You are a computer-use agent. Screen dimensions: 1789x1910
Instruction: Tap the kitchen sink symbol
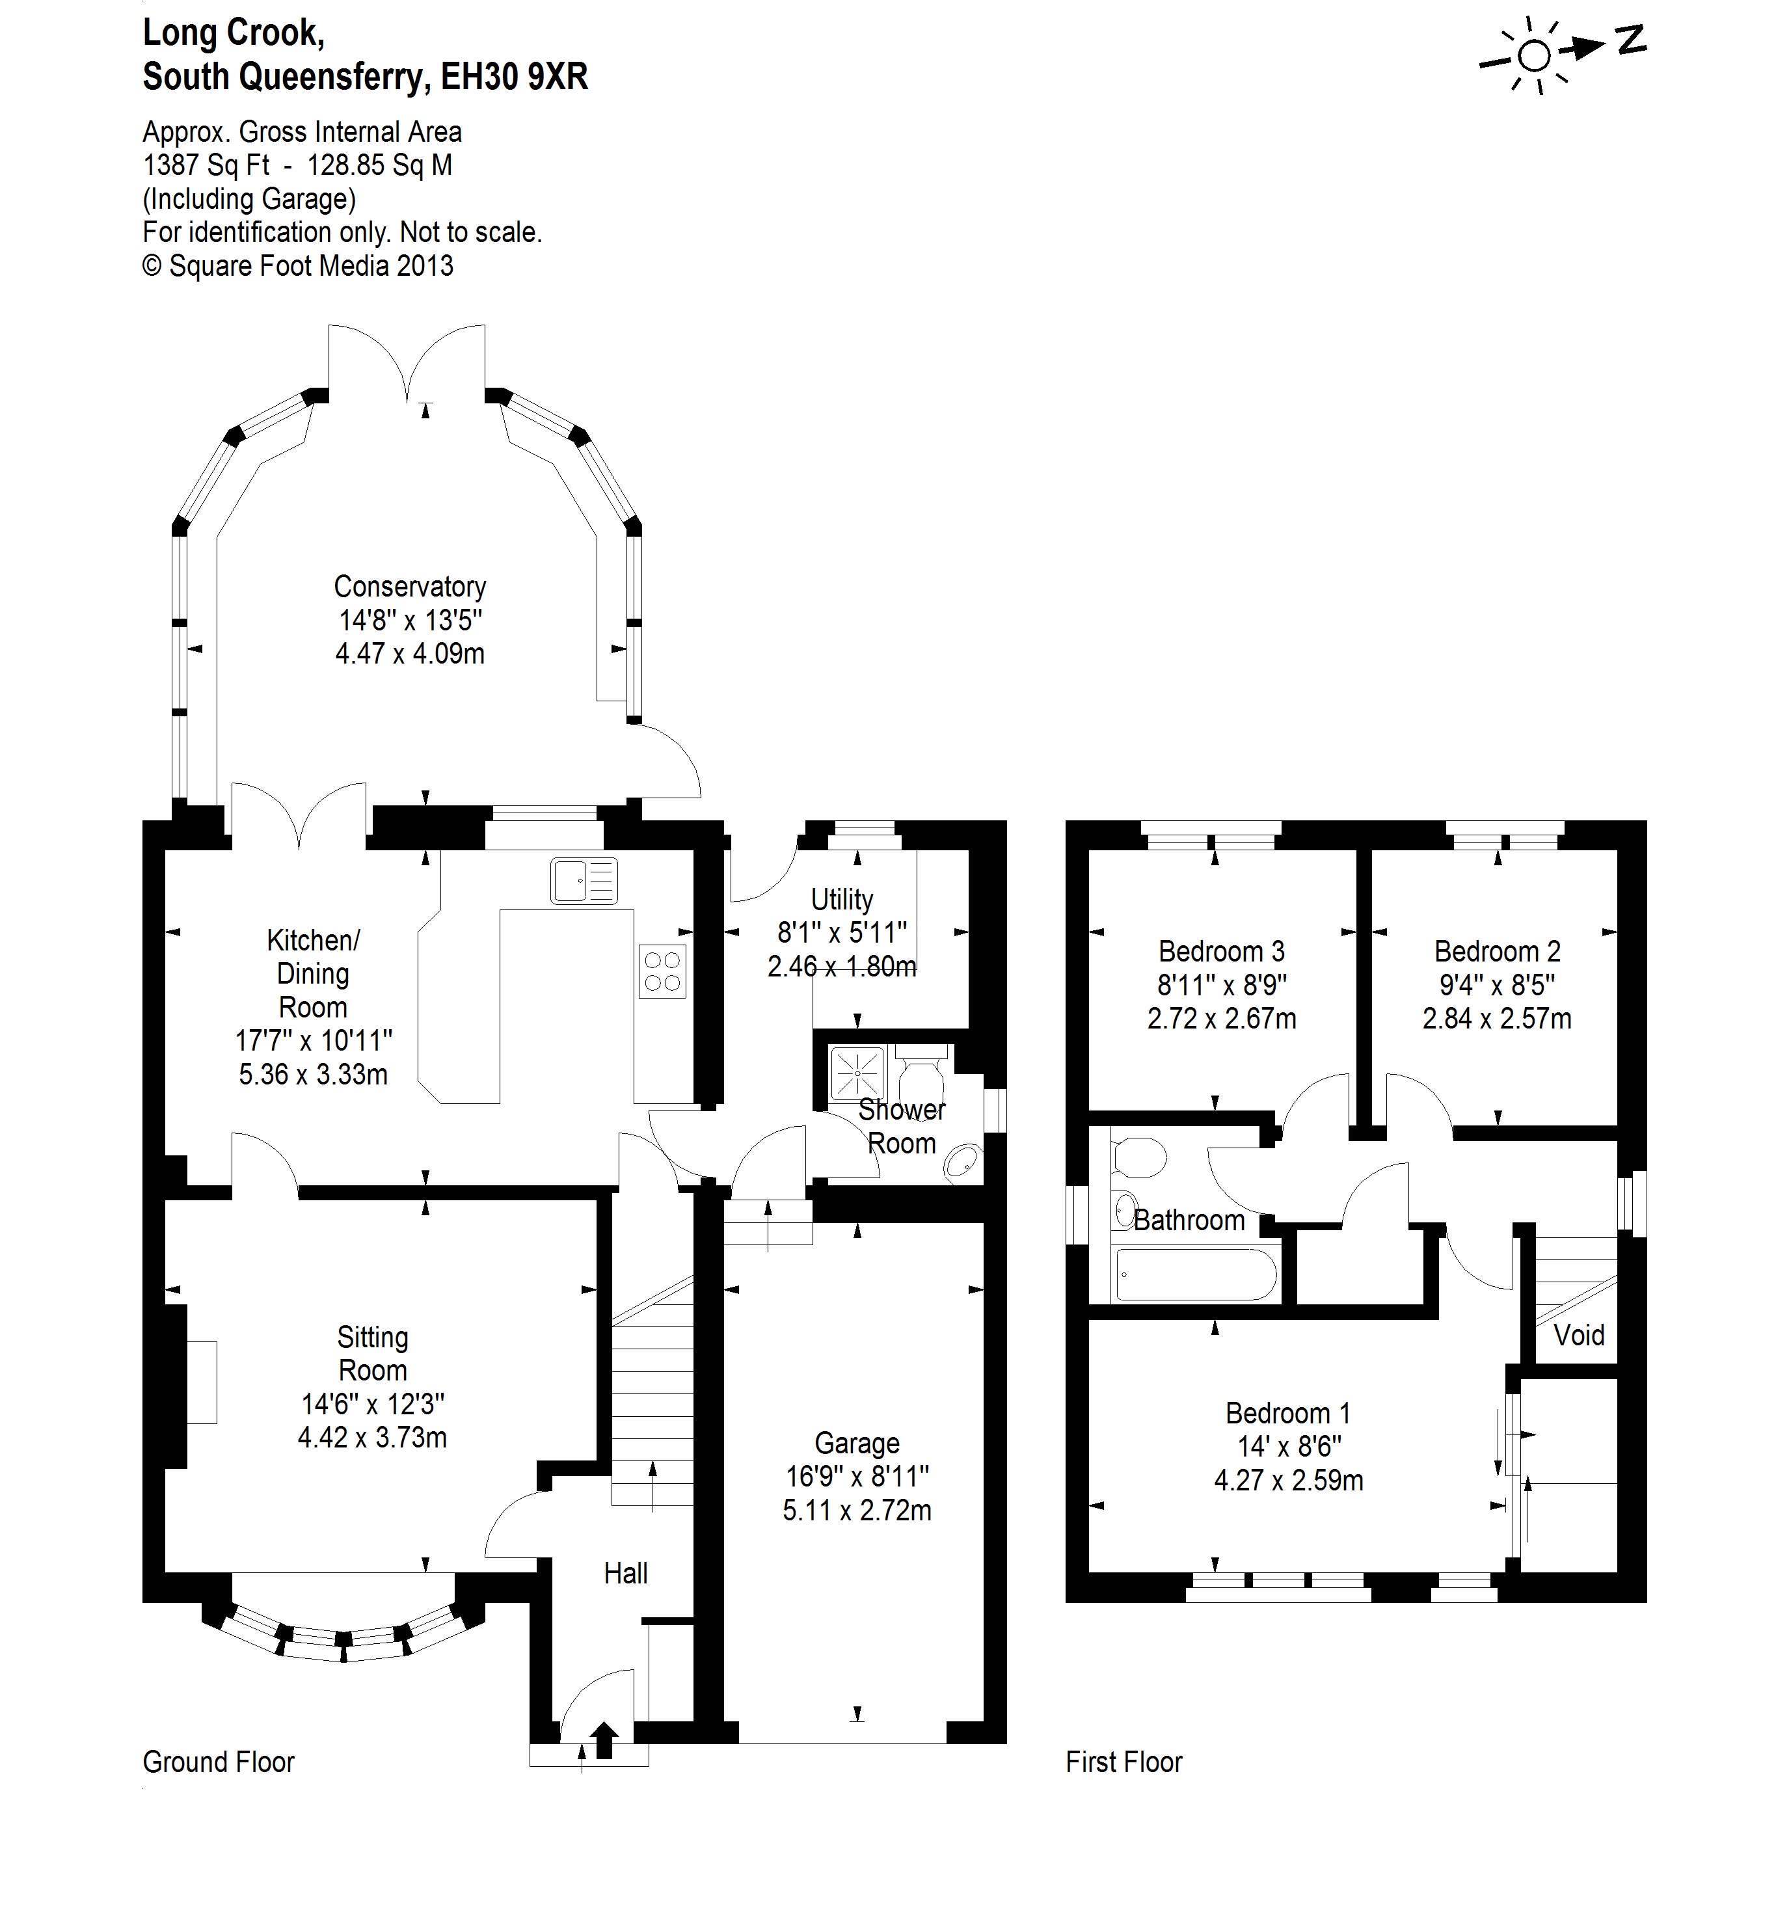tap(583, 881)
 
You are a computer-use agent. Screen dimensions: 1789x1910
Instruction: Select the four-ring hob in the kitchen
tap(662, 971)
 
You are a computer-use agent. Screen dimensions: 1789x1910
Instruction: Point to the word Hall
tap(625, 1573)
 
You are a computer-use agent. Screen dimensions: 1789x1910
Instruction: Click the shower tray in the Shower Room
tap(856, 1072)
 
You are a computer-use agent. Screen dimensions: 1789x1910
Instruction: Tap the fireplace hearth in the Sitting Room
tap(202, 1382)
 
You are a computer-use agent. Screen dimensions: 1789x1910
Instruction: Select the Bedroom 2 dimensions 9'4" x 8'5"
tap(1497, 985)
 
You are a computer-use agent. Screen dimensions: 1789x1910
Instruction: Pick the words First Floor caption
tap(1123, 1762)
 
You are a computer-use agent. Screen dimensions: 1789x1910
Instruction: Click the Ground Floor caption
tap(218, 1762)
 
